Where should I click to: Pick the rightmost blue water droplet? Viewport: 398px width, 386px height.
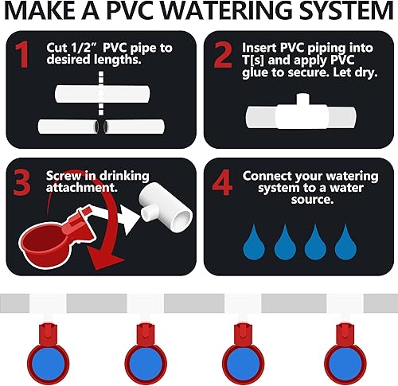(343, 240)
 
